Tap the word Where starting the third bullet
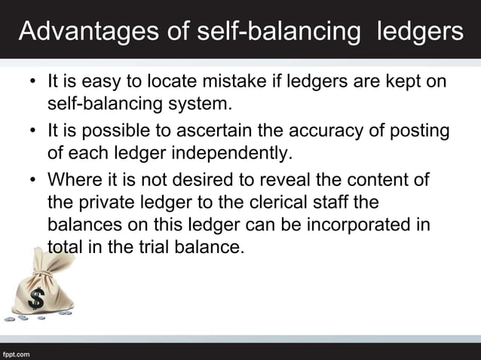click(x=72, y=182)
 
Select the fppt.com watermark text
click(x=16, y=352)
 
